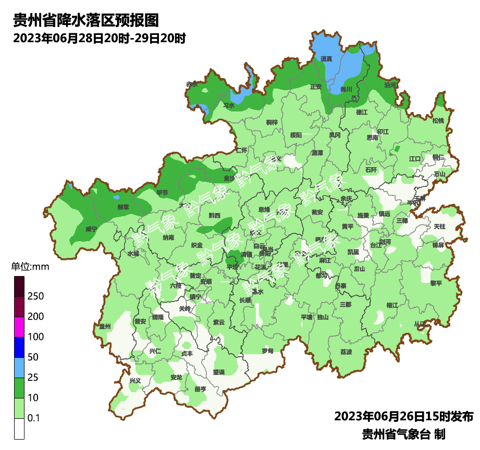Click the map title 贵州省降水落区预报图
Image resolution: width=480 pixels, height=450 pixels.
[85, 20]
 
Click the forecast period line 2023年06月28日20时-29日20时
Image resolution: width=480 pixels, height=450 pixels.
[99, 38]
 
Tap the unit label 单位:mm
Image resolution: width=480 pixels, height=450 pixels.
[30, 267]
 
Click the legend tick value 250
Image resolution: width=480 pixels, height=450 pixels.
[35, 296]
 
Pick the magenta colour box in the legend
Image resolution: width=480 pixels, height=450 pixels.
[19, 327]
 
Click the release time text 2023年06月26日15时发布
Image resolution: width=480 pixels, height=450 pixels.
[403, 417]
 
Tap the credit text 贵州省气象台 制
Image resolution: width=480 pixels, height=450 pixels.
[403, 434]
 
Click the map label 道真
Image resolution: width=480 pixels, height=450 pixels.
[327, 59]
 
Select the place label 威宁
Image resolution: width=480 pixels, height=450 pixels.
[91, 229]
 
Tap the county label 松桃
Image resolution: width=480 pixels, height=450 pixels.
[438, 121]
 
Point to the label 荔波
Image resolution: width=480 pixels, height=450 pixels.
[346, 352]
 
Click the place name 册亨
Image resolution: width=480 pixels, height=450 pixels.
[200, 389]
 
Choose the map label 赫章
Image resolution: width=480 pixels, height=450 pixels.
[124, 206]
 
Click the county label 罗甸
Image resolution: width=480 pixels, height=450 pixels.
[267, 351]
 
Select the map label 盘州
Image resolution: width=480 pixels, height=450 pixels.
[105, 327]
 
